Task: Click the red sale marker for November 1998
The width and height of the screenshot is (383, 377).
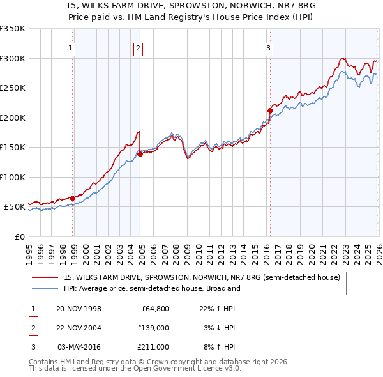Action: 72,198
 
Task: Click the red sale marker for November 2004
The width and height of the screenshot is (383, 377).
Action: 140,154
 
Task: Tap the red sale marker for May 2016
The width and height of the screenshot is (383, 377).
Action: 269,111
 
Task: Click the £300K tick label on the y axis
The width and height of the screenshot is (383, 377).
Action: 12,58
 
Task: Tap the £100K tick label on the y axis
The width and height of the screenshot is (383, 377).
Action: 12,177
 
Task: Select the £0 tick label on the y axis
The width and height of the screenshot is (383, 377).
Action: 19,236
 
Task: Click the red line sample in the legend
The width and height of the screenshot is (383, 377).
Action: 46,277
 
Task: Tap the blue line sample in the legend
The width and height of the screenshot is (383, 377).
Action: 46,288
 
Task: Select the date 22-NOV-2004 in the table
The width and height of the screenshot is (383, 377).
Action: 79,328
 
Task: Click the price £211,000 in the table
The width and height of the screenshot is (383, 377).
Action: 153,347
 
